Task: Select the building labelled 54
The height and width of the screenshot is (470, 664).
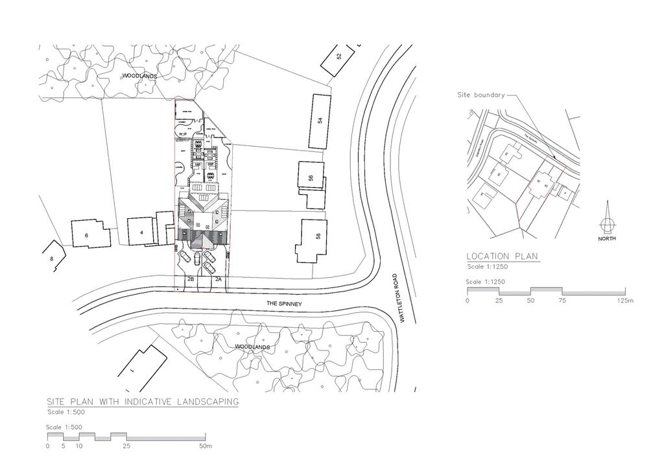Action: pos(319,121)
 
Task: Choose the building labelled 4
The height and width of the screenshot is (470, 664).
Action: pos(140,232)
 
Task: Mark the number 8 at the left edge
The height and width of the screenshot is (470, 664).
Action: pos(51,258)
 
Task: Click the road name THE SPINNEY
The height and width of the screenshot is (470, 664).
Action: pos(285,304)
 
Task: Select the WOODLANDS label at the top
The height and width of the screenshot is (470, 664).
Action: pos(139,77)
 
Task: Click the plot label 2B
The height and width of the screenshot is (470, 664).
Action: pos(191,279)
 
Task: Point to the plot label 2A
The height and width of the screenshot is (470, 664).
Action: pos(218,279)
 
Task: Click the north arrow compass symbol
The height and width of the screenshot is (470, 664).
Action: pos(607,223)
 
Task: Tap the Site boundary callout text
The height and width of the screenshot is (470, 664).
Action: pos(480,95)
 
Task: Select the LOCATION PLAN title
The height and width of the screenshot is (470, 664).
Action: pos(503,256)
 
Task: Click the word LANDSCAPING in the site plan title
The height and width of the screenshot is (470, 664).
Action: pos(206,402)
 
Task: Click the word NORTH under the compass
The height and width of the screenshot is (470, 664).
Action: pos(607,239)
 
